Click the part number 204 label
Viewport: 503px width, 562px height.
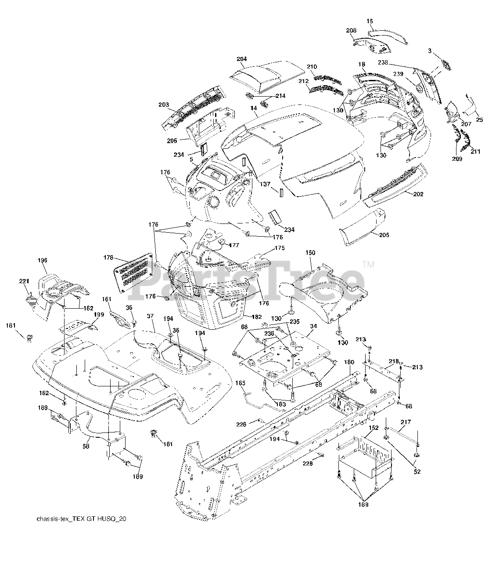[x=241, y=59]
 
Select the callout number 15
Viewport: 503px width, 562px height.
[x=370, y=21]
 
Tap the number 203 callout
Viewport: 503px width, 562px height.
[x=164, y=105]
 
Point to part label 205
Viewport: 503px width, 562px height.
[x=384, y=235]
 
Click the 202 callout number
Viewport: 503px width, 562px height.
[x=418, y=194]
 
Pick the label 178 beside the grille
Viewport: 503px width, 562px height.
[x=108, y=258]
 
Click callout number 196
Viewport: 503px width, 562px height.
[x=42, y=260]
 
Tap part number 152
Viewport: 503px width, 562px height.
[x=374, y=427]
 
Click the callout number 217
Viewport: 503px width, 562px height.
[x=406, y=422]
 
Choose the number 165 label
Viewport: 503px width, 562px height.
[x=241, y=383]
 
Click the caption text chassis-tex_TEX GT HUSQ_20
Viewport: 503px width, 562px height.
[x=82, y=519]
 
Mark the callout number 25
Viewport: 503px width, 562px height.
[x=479, y=119]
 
